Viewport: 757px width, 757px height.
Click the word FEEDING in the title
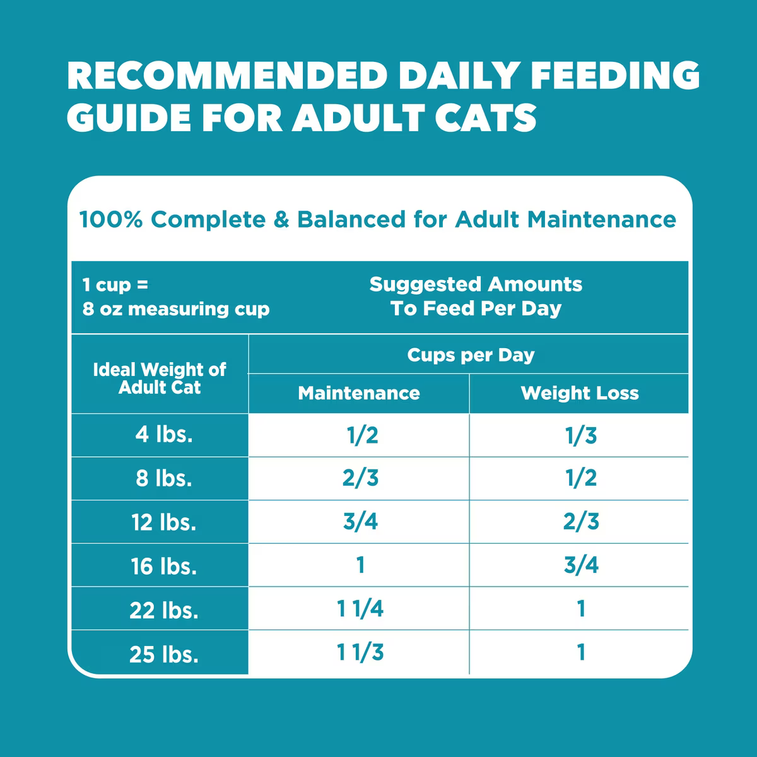(615, 76)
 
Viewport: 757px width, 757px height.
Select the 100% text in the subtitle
(110, 220)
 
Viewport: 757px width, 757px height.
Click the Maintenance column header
(358, 393)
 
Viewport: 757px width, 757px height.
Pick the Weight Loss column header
(580, 393)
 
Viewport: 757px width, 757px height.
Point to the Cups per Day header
(471, 355)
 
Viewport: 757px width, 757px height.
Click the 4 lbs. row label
(164, 435)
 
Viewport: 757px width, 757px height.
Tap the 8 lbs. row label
(164, 478)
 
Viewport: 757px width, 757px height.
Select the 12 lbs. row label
(164, 522)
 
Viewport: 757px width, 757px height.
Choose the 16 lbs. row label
(164, 566)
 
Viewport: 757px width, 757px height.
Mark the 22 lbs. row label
(164, 610)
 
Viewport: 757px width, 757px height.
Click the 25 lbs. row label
(164, 654)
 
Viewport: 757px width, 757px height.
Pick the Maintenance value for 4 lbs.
(363, 435)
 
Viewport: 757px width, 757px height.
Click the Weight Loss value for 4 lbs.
(581, 435)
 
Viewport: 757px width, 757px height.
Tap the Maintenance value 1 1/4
(360, 609)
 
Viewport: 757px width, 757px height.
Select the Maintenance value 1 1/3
(360, 652)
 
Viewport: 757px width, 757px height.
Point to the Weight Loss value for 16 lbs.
(581, 565)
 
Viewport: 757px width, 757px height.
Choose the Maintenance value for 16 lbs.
(360, 565)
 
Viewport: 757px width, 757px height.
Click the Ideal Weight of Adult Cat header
(160, 378)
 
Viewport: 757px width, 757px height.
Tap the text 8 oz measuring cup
(176, 309)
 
